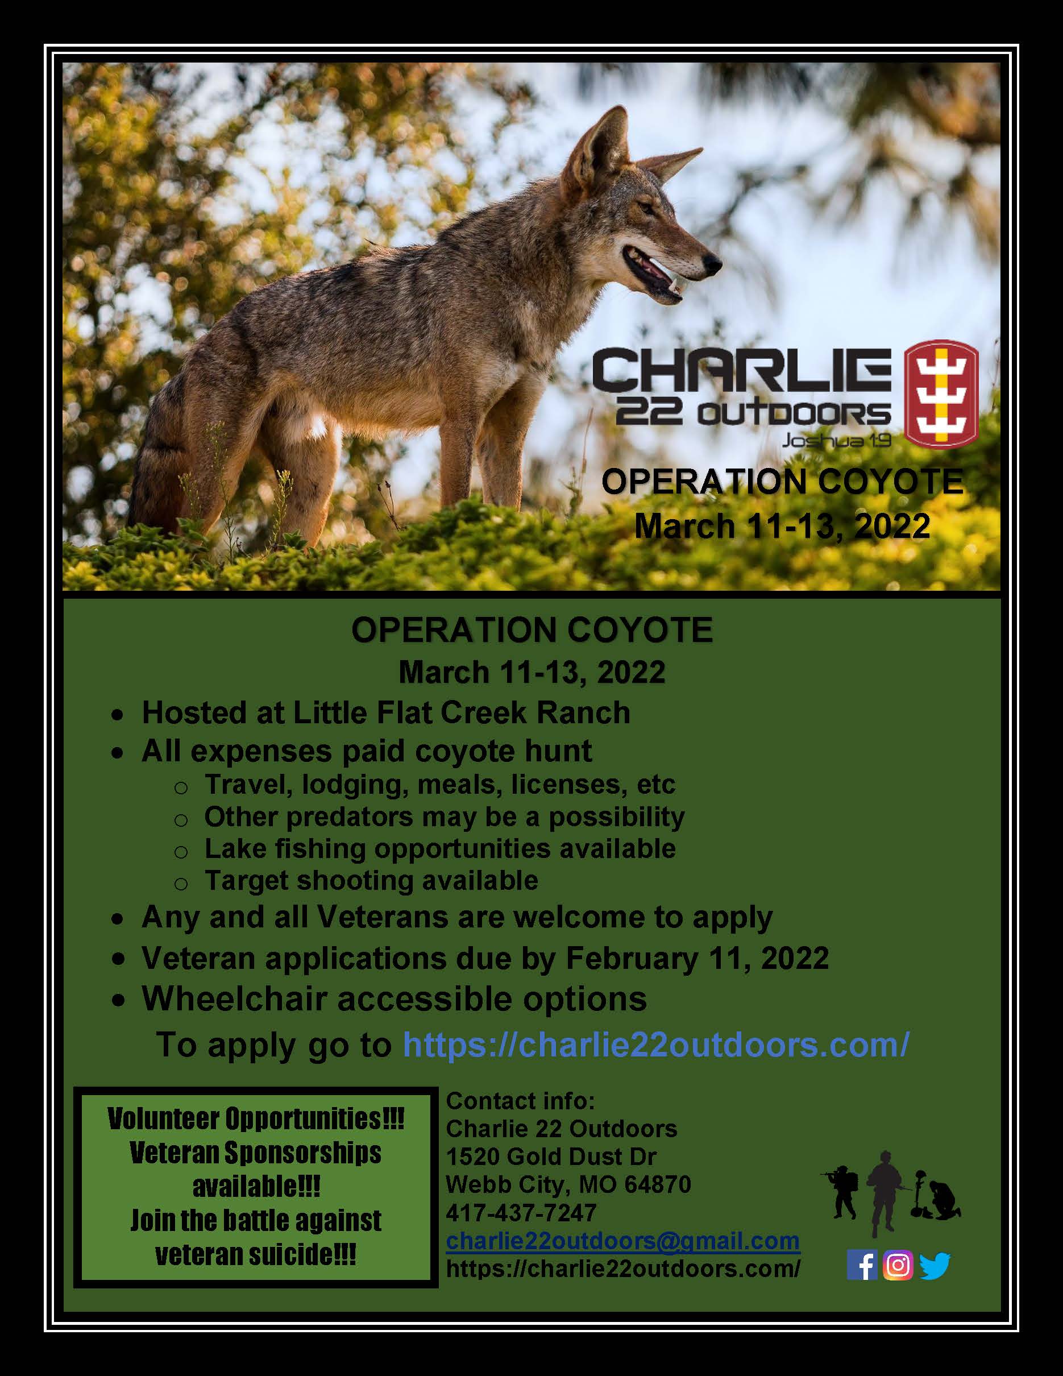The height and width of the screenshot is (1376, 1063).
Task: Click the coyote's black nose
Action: pos(713,261)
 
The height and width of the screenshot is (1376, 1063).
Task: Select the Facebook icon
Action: pos(862,1265)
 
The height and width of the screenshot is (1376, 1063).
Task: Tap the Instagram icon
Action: pos(898,1265)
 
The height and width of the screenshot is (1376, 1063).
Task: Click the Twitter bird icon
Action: pos(935,1265)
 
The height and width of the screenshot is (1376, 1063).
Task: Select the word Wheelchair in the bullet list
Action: pos(234,999)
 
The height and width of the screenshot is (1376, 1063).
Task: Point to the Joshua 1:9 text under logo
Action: pos(836,441)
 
